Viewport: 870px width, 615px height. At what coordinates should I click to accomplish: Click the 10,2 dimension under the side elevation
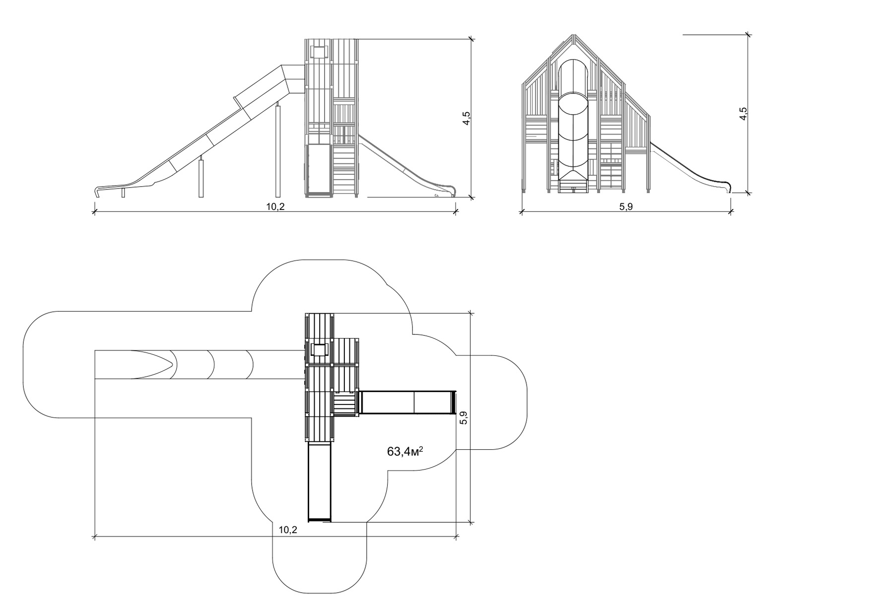(275, 206)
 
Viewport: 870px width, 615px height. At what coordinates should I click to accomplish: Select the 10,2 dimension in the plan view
(287, 530)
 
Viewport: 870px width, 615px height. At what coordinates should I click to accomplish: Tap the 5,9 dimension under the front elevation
(626, 206)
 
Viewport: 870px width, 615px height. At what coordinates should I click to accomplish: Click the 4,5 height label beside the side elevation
(466, 119)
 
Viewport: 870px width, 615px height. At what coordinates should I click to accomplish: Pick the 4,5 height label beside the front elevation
(743, 114)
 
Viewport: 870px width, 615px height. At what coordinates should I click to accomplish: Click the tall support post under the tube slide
(278, 150)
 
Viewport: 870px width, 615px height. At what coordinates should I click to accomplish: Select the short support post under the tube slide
(201, 177)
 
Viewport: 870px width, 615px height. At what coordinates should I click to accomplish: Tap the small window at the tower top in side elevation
(319, 52)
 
